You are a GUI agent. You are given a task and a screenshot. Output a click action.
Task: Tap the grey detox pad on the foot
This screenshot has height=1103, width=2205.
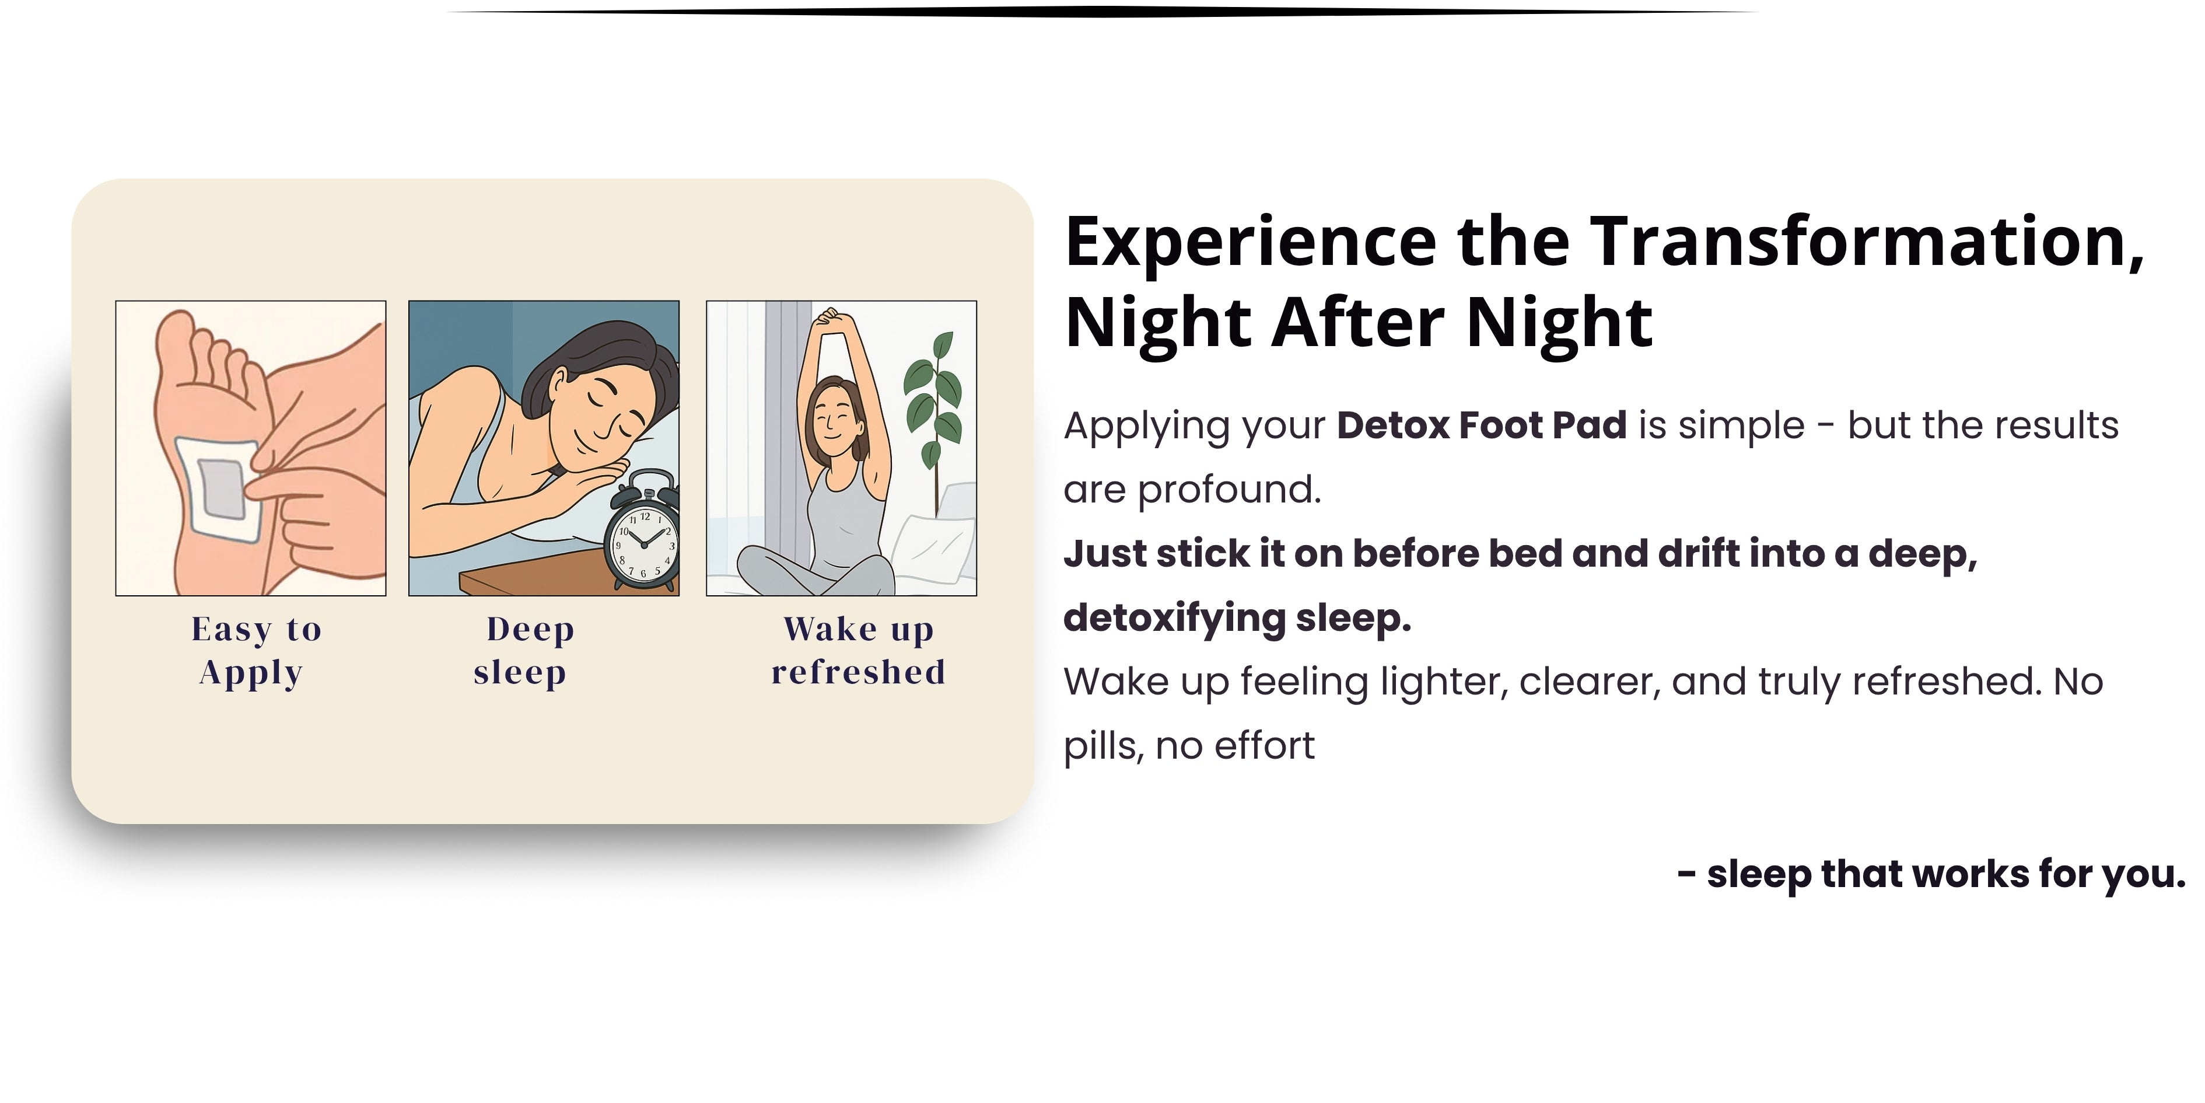[x=222, y=488]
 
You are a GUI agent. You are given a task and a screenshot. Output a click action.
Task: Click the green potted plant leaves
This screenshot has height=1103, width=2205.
[x=934, y=394]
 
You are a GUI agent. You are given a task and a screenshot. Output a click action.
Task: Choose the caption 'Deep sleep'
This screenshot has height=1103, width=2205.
[x=526, y=651]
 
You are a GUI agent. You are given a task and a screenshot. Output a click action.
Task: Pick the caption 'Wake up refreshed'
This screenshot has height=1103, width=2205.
[x=859, y=651]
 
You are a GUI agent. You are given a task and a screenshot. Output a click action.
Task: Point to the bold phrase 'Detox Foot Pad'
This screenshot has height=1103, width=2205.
[x=1482, y=425]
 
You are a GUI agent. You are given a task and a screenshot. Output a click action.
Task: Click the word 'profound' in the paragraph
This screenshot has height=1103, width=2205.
[x=1229, y=490]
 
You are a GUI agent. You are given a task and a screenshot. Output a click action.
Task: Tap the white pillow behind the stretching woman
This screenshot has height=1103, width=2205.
[x=935, y=548]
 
